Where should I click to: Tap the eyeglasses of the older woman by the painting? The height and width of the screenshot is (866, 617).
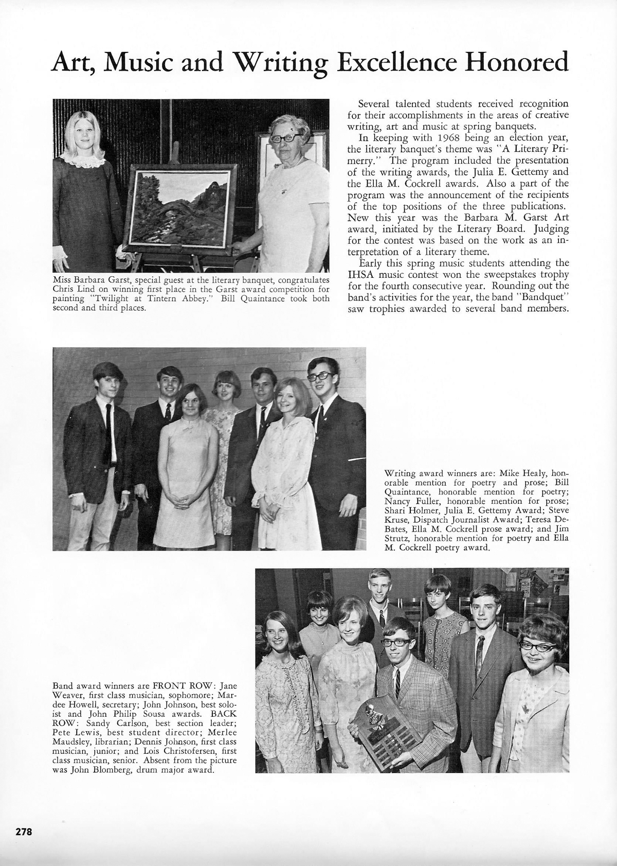pos(288,138)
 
